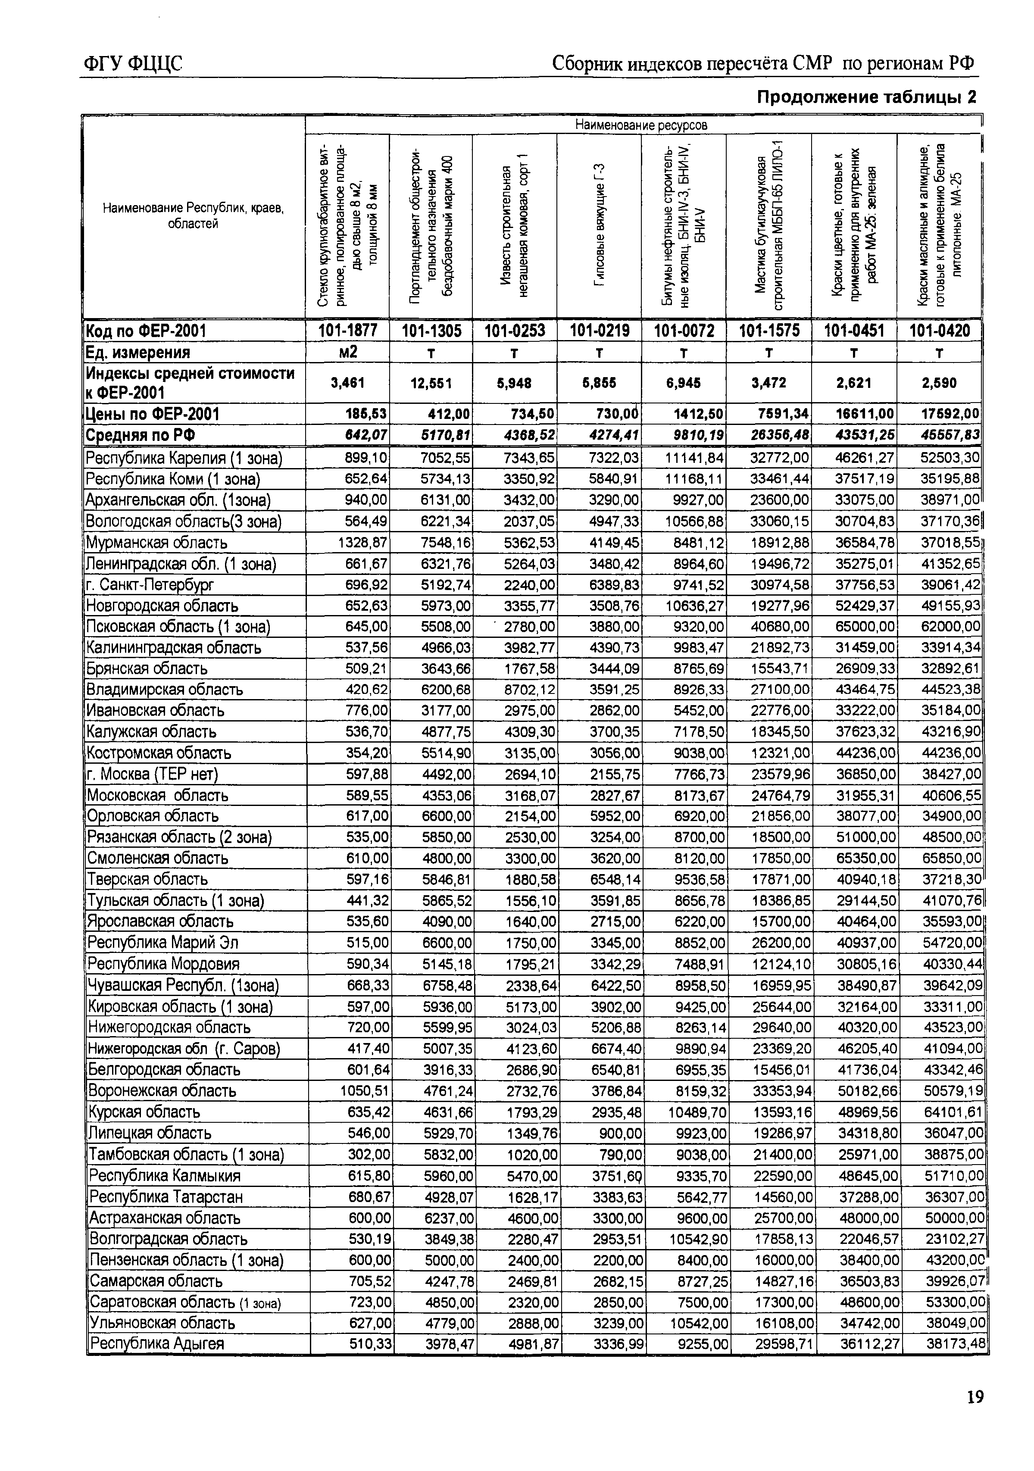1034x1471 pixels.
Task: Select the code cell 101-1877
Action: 348,331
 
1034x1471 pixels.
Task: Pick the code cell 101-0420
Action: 939,331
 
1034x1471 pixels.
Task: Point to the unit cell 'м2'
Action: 347,353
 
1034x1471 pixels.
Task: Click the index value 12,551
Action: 431,383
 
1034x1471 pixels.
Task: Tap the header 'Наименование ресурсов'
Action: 641,124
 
